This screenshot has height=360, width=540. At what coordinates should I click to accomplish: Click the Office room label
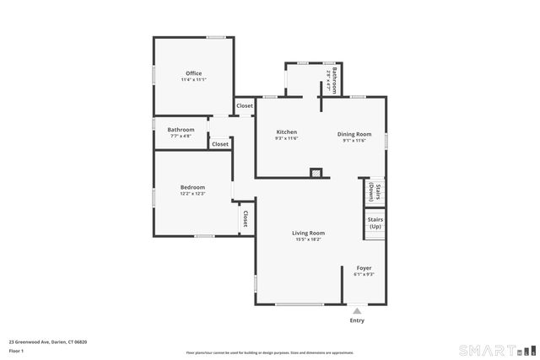[x=193, y=73]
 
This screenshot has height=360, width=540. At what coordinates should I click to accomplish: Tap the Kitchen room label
[x=286, y=132]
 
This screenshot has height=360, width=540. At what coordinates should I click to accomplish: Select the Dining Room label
[x=354, y=132]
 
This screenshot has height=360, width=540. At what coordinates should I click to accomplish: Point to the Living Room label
[x=308, y=233]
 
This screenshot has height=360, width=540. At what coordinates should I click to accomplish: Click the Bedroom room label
[x=192, y=187]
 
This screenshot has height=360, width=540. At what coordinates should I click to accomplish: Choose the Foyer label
[x=363, y=268]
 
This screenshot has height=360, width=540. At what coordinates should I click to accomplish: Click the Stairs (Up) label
[x=375, y=223]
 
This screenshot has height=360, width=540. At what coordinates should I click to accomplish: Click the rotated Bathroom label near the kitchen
[x=334, y=78]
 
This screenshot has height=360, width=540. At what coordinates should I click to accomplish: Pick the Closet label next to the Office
[x=244, y=105]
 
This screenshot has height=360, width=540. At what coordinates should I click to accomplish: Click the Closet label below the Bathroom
[x=219, y=144]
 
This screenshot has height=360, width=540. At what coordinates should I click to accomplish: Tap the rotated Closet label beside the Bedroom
[x=246, y=219]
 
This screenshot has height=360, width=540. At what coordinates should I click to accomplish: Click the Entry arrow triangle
[x=357, y=311]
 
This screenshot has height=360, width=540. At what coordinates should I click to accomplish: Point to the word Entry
[x=357, y=320]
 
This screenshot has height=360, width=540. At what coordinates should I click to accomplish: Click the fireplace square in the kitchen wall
[x=316, y=172]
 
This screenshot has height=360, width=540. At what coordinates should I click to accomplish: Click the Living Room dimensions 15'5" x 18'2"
[x=308, y=239]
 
